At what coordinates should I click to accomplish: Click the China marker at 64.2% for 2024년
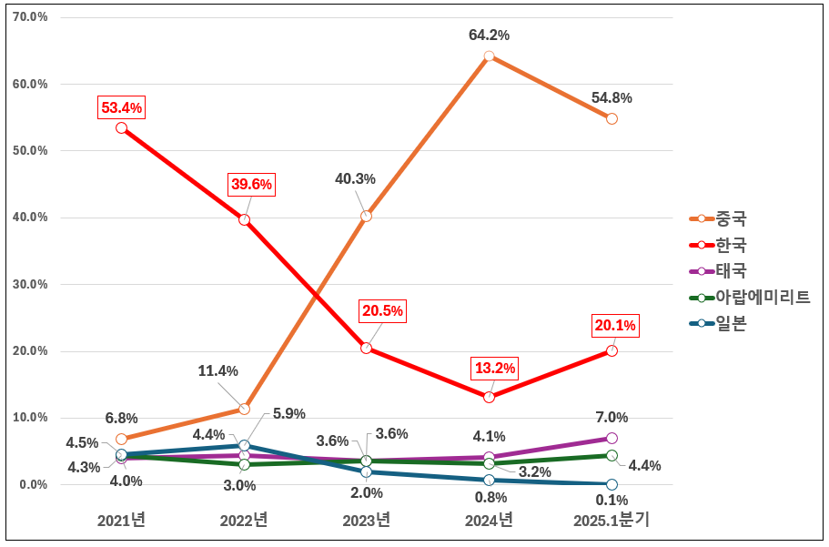pos(489,56)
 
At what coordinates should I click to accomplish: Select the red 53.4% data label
pos(121,108)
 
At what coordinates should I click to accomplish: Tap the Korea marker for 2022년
pos(244,219)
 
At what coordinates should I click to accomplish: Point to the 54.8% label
pos(612,97)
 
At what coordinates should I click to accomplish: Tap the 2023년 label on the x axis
pos(366,521)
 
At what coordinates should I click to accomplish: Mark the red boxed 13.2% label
pos(494,369)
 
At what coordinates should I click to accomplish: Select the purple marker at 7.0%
pos(612,438)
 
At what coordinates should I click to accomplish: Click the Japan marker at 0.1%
pos(612,484)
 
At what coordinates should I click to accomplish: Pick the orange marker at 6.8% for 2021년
pos(121,439)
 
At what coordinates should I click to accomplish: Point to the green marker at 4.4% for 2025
pos(612,455)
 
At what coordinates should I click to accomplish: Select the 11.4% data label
pos(217,370)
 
